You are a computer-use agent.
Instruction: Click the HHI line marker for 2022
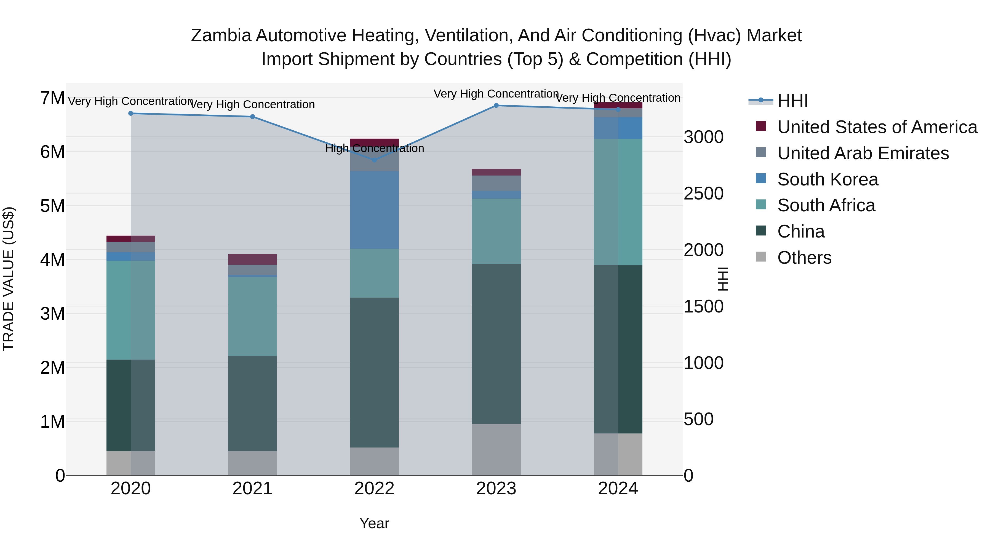tap(374, 160)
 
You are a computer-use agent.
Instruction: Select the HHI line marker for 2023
tap(496, 106)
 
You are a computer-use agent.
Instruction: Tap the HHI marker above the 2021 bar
tap(252, 117)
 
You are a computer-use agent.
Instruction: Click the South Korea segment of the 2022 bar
tap(374, 210)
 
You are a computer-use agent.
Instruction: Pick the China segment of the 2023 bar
tap(496, 344)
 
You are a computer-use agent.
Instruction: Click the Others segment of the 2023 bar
tap(496, 449)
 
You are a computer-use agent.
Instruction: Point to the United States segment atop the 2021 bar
tap(252, 259)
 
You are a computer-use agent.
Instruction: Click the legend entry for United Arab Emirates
tap(863, 153)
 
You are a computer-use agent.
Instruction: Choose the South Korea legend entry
tap(827, 179)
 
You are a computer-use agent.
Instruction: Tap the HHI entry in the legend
tap(792, 101)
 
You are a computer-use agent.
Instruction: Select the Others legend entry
tap(804, 258)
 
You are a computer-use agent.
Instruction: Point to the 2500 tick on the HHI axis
tap(703, 193)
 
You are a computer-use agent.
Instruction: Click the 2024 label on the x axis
tap(618, 489)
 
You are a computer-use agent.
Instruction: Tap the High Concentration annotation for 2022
tap(374, 148)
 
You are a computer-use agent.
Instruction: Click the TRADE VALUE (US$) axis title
tap(9, 279)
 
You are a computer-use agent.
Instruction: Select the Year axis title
tap(374, 523)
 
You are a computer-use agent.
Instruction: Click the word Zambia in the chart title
tap(221, 36)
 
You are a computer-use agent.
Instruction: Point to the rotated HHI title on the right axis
tap(723, 279)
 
